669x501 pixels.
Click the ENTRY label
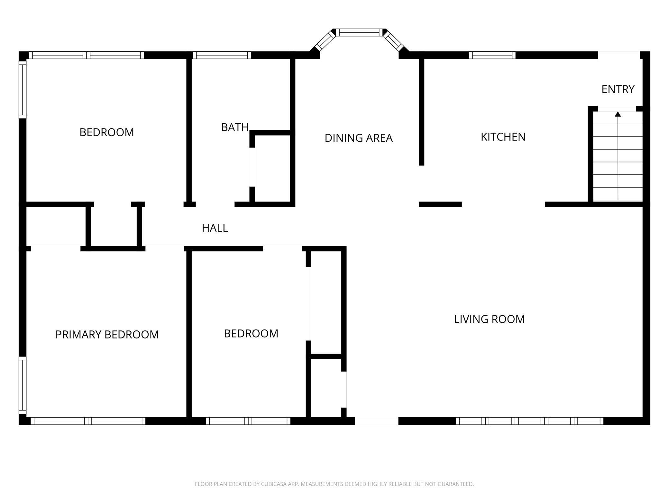618,89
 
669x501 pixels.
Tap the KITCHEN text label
503,137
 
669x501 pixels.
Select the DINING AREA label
358,138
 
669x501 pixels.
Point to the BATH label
235,127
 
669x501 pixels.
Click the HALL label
215,228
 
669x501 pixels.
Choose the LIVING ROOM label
489,319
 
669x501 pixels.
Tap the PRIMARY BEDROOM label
107,335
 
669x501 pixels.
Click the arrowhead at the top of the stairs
618,114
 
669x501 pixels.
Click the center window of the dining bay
359,32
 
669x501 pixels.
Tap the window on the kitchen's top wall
492,55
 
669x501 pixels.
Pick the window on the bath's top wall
222,55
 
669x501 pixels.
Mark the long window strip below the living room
529,421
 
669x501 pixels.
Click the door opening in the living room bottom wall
377,421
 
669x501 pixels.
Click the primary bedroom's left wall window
23,385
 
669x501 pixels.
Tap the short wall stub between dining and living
440,204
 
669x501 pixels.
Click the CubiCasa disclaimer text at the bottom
334,484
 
